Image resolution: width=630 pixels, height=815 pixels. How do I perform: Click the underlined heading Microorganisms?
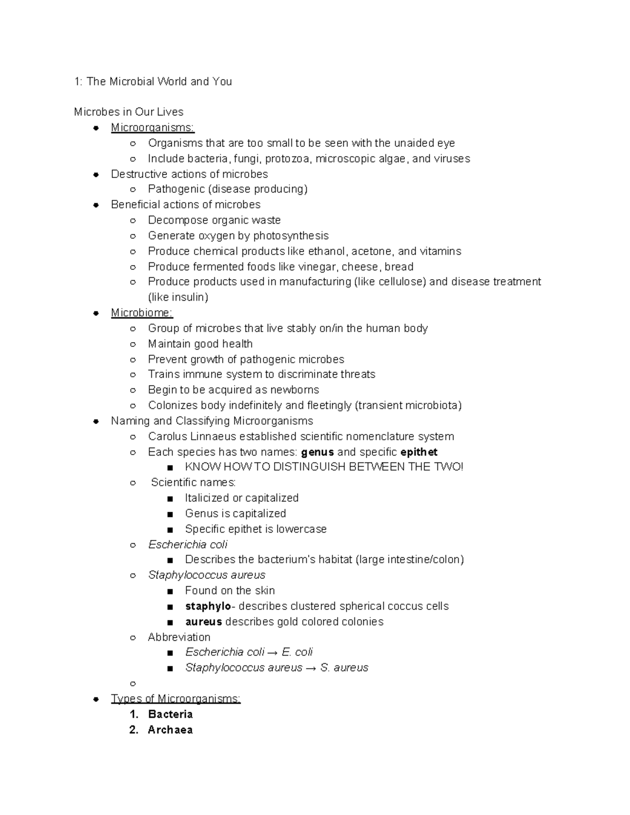152,128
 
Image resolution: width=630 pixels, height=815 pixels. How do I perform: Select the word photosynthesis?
291,236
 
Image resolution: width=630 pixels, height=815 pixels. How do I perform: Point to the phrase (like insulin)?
178,298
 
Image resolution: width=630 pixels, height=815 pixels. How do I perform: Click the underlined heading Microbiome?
142,313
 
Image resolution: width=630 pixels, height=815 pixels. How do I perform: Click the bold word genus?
317,452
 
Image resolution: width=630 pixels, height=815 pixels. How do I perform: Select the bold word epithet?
418,452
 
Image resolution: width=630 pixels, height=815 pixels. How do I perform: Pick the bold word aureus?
203,622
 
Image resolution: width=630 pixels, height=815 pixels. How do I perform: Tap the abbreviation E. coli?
297,652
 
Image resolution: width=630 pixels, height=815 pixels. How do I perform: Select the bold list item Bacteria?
170,714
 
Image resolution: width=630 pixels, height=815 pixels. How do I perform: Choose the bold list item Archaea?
170,730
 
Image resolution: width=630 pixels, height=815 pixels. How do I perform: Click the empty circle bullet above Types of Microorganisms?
133,683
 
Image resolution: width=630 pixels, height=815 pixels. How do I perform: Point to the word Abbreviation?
179,637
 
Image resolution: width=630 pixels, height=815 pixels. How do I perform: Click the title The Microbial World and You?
159,81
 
